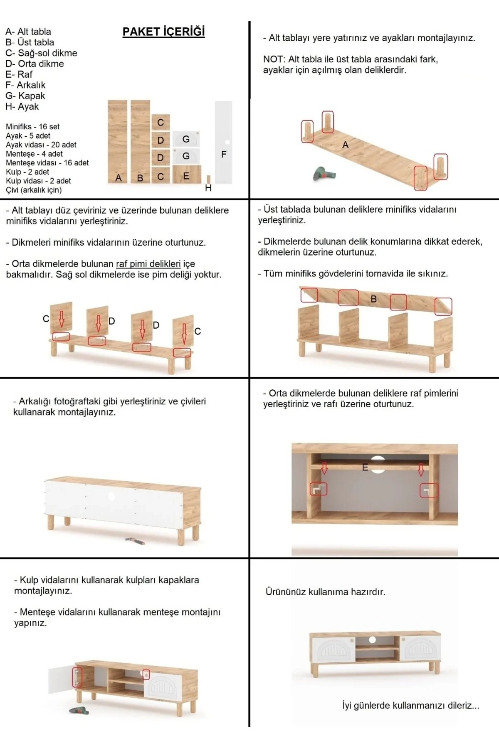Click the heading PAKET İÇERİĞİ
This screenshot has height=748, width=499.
coord(163,32)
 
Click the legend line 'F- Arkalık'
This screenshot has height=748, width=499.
coord(25,85)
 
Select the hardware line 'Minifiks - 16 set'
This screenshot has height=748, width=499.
coord(32,127)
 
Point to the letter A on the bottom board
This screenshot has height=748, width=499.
coord(345,145)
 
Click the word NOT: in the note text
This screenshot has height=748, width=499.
coord(274,59)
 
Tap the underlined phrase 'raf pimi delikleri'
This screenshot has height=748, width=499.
coord(148,264)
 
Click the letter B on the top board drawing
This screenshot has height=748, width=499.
coord(373,299)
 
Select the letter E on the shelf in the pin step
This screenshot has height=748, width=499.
coord(365,467)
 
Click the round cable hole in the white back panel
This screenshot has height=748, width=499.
coord(111,496)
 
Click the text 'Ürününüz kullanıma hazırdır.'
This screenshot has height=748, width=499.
coord(325,592)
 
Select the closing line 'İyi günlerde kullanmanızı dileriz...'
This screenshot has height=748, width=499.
coord(410,705)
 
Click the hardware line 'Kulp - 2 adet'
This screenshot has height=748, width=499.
coord(27,172)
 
